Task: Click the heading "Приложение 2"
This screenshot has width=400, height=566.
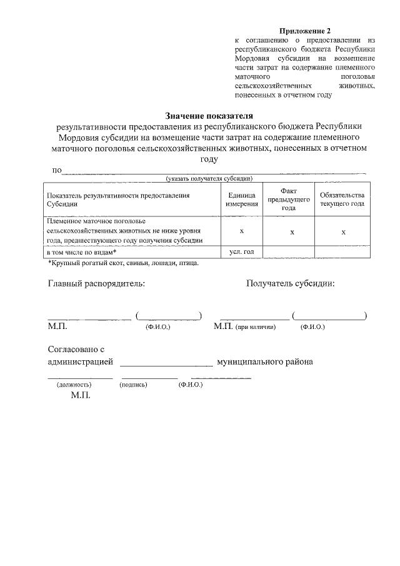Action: click(304, 31)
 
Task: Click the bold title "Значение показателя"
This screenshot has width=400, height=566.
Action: click(209, 115)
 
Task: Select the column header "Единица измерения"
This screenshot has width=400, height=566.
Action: click(241, 200)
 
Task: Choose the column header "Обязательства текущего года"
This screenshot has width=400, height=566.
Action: click(342, 200)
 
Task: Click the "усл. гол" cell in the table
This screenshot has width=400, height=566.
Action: click(241, 251)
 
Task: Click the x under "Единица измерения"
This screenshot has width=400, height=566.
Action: click(241, 231)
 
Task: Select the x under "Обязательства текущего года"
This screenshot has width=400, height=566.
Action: click(342, 231)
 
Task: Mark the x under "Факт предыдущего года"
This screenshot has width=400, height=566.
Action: click(292, 231)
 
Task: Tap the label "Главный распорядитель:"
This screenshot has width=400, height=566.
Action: click(96, 283)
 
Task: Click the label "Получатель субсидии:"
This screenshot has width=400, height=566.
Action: click(290, 283)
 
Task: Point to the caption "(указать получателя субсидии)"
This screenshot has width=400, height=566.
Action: click(209, 178)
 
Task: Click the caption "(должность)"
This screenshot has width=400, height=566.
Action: click(74, 385)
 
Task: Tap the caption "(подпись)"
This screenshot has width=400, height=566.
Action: click(133, 385)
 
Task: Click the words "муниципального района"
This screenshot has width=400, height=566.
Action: click(265, 362)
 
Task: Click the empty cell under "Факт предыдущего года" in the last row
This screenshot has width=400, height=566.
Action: click(289, 251)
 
